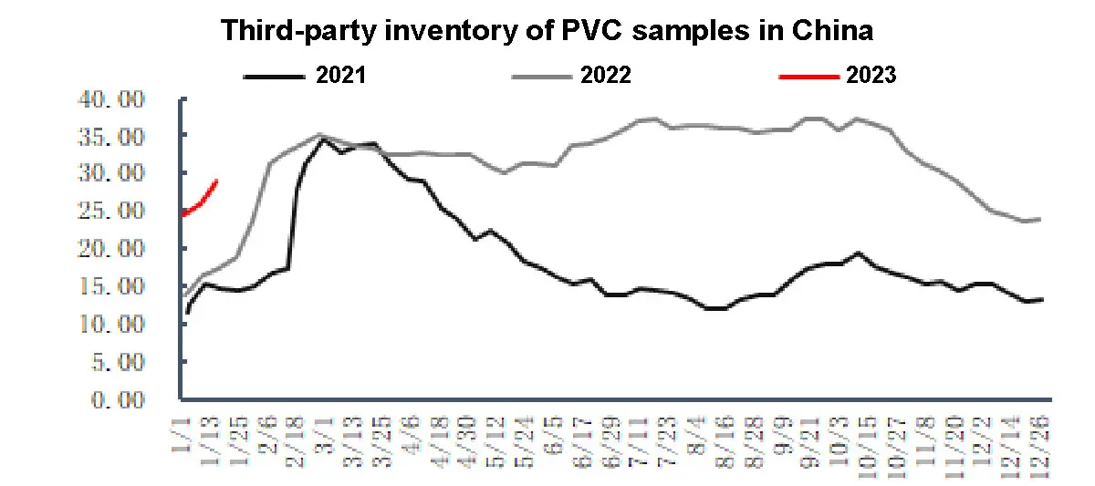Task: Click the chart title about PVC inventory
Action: tap(547, 31)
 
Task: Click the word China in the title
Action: tap(829, 31)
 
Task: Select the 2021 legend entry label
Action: tap(340, 76)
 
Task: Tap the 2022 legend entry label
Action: tap(605, 76)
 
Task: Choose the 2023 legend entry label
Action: tap(871, 76)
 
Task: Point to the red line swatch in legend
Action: tap(808, 77)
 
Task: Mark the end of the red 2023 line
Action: tap(216, 181)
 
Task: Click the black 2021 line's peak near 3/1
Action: tap(322, 140)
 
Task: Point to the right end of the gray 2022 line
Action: tap(1041, 219)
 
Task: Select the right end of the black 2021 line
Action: tap(1042, 299)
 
